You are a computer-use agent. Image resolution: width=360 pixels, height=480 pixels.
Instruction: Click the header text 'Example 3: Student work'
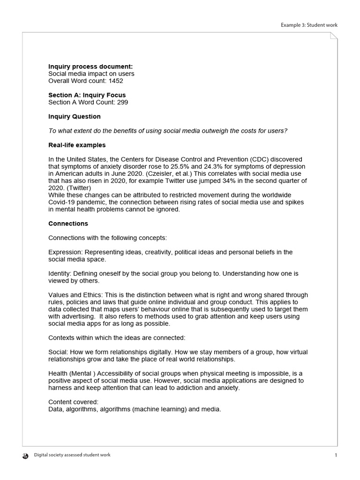coord(309,25)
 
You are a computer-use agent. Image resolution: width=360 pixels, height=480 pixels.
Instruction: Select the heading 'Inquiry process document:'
coord(90,67)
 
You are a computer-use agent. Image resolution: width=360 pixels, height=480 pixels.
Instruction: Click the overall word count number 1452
coord(116,81)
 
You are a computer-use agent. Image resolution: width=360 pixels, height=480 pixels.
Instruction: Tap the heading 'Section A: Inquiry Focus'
coord(87,95)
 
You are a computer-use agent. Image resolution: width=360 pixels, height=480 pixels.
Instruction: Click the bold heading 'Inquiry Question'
coord(75,116)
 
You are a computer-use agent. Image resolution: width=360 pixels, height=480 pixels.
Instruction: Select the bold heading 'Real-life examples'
coord(77,145)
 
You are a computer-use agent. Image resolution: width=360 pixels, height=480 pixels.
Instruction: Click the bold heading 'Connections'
coord(68,224)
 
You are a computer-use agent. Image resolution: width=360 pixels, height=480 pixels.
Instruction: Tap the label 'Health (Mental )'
coord(71,374)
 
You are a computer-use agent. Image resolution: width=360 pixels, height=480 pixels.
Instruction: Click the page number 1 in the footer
coord(336,455)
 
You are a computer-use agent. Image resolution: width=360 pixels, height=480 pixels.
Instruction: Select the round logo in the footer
coord(25,455)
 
